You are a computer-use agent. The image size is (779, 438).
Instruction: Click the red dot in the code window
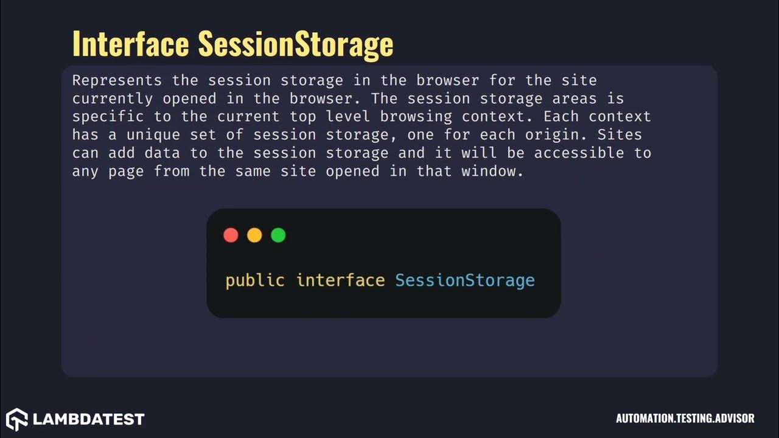click(x=231, y=235)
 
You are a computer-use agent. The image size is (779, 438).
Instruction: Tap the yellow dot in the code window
click(x=254, y=235)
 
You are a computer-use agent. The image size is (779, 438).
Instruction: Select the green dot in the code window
click(x=278, y=235)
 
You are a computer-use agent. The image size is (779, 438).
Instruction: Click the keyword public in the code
click(x=255, y=280)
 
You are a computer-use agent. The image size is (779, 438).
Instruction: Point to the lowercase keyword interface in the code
click(x=340, y=280)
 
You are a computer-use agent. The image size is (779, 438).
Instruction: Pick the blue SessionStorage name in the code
click(x=465, y=280)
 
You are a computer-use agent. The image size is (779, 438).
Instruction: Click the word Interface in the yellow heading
click(x=130, y=44)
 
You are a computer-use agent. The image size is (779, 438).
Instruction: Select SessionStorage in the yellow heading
click(x=296, y=44)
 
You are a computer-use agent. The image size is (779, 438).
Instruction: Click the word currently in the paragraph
click(x=113, y=99)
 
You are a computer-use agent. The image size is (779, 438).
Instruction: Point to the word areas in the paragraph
click(x=601, y=99)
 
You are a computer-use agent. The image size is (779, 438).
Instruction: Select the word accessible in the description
click(x=579, y=153)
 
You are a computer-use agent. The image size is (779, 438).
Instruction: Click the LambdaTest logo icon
click(x=17, y=419)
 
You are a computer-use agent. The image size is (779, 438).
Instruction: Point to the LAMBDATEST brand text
click(x=88, y=419)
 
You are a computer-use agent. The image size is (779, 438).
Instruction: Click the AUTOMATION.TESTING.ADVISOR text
click(x=685, y=419)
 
